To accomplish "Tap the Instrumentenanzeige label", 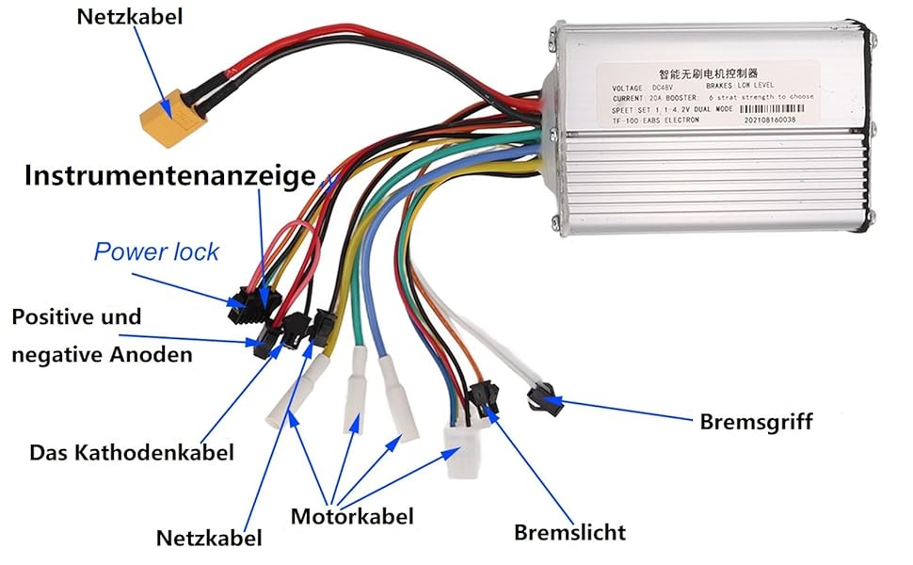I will (169, 176).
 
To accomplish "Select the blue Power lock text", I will (155, 251).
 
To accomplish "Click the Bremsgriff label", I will (756, 421).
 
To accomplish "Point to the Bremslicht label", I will (569, 532).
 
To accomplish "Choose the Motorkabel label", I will (351, 516).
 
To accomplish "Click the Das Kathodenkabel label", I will (131, 452).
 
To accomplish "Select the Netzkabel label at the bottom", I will (209, 539).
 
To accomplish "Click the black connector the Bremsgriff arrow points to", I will (543, 399).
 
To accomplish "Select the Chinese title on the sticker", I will (708, 72).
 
